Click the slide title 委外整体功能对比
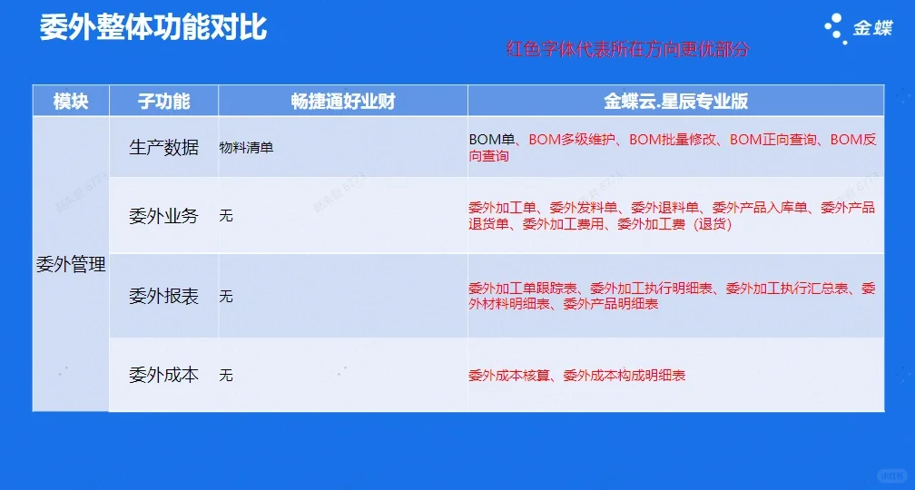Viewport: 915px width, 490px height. (152, 27)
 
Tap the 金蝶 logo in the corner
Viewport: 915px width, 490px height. (858, 27)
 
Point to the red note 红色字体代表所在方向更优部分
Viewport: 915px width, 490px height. (627, 50)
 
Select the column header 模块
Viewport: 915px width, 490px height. (71, 101)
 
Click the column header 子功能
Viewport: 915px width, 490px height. (163, 101)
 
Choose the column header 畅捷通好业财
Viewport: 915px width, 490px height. (343, 101)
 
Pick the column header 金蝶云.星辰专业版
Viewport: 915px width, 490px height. (675, 101)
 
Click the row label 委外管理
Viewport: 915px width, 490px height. (71, 266)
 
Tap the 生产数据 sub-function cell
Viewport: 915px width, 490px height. (163, 147)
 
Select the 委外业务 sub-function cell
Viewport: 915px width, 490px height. (163, 216)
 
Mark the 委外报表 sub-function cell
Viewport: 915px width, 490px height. (163, 296)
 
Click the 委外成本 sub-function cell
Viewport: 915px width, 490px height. (163, 374)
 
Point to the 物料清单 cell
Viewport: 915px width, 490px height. (246, 147)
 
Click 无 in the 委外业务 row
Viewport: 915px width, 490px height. (226, 216)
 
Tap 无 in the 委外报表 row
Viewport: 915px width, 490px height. (226, 297)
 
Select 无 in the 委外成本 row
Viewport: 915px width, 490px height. (226, 375)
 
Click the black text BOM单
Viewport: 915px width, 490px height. (492, 140)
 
